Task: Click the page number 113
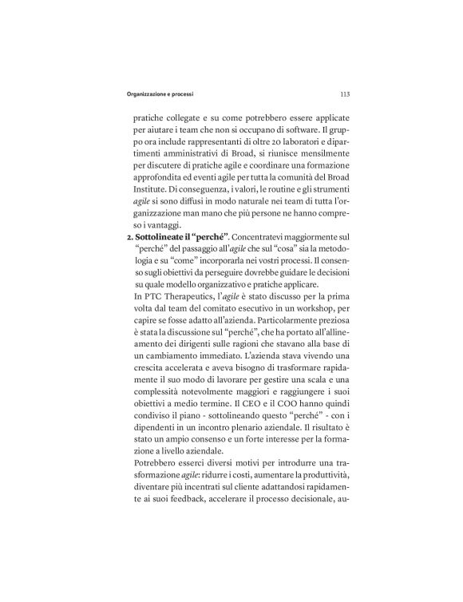tap(344, 93)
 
